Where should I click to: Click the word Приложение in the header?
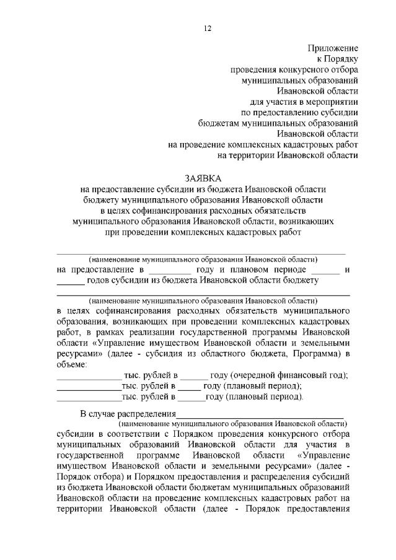click(333, 48)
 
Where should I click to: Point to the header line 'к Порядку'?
click(337, 59)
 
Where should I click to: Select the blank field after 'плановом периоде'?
click(325, 271)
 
